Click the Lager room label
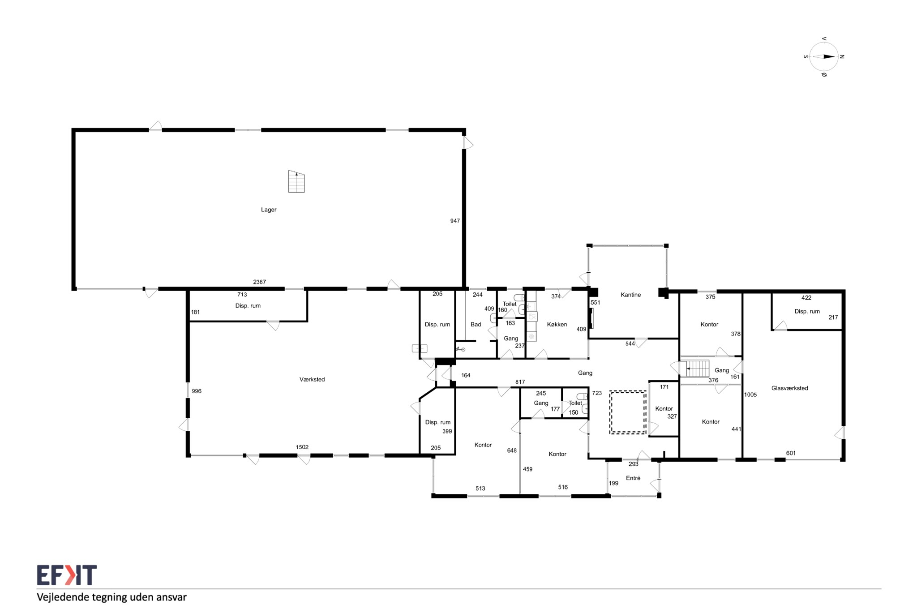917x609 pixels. pyautogui.click(x=269, y=210)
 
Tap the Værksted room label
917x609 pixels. pyautogui.click(x=312, y=379)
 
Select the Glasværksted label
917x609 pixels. pyautogui.click(x=789, y=388)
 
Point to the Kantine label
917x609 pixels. pyautogui.click(x=630, y=295)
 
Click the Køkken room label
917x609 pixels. pyautogui.click(x=557, y=324)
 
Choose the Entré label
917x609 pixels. pyautogui.click(x=633, y=478)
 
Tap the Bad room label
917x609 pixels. pyautogui.click(x=476, y=324)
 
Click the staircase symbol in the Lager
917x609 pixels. pyautogui.click(x=296, y=181)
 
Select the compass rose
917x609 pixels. pyautogui.click(x=824, y=56)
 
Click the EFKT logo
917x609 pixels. pyautogui.click(x=67, y=575)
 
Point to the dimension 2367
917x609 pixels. pyautogui.click(x=259, y=282)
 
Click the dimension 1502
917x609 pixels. pyautogui.click(x=302, y=447)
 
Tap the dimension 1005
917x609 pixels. pyautogui.click(x=750, y=395)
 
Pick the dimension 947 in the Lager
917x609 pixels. pyautogui.click(x=455, y=221)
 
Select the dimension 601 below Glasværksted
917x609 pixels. pyautogui.click(x=791, y=453)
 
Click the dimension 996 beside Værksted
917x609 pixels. pyautogui.click(x=197, y=391)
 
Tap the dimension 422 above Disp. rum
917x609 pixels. pyautogui.click(x=806, y=297)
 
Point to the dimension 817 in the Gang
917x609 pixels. pyautogui.click(x=520, y=382)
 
